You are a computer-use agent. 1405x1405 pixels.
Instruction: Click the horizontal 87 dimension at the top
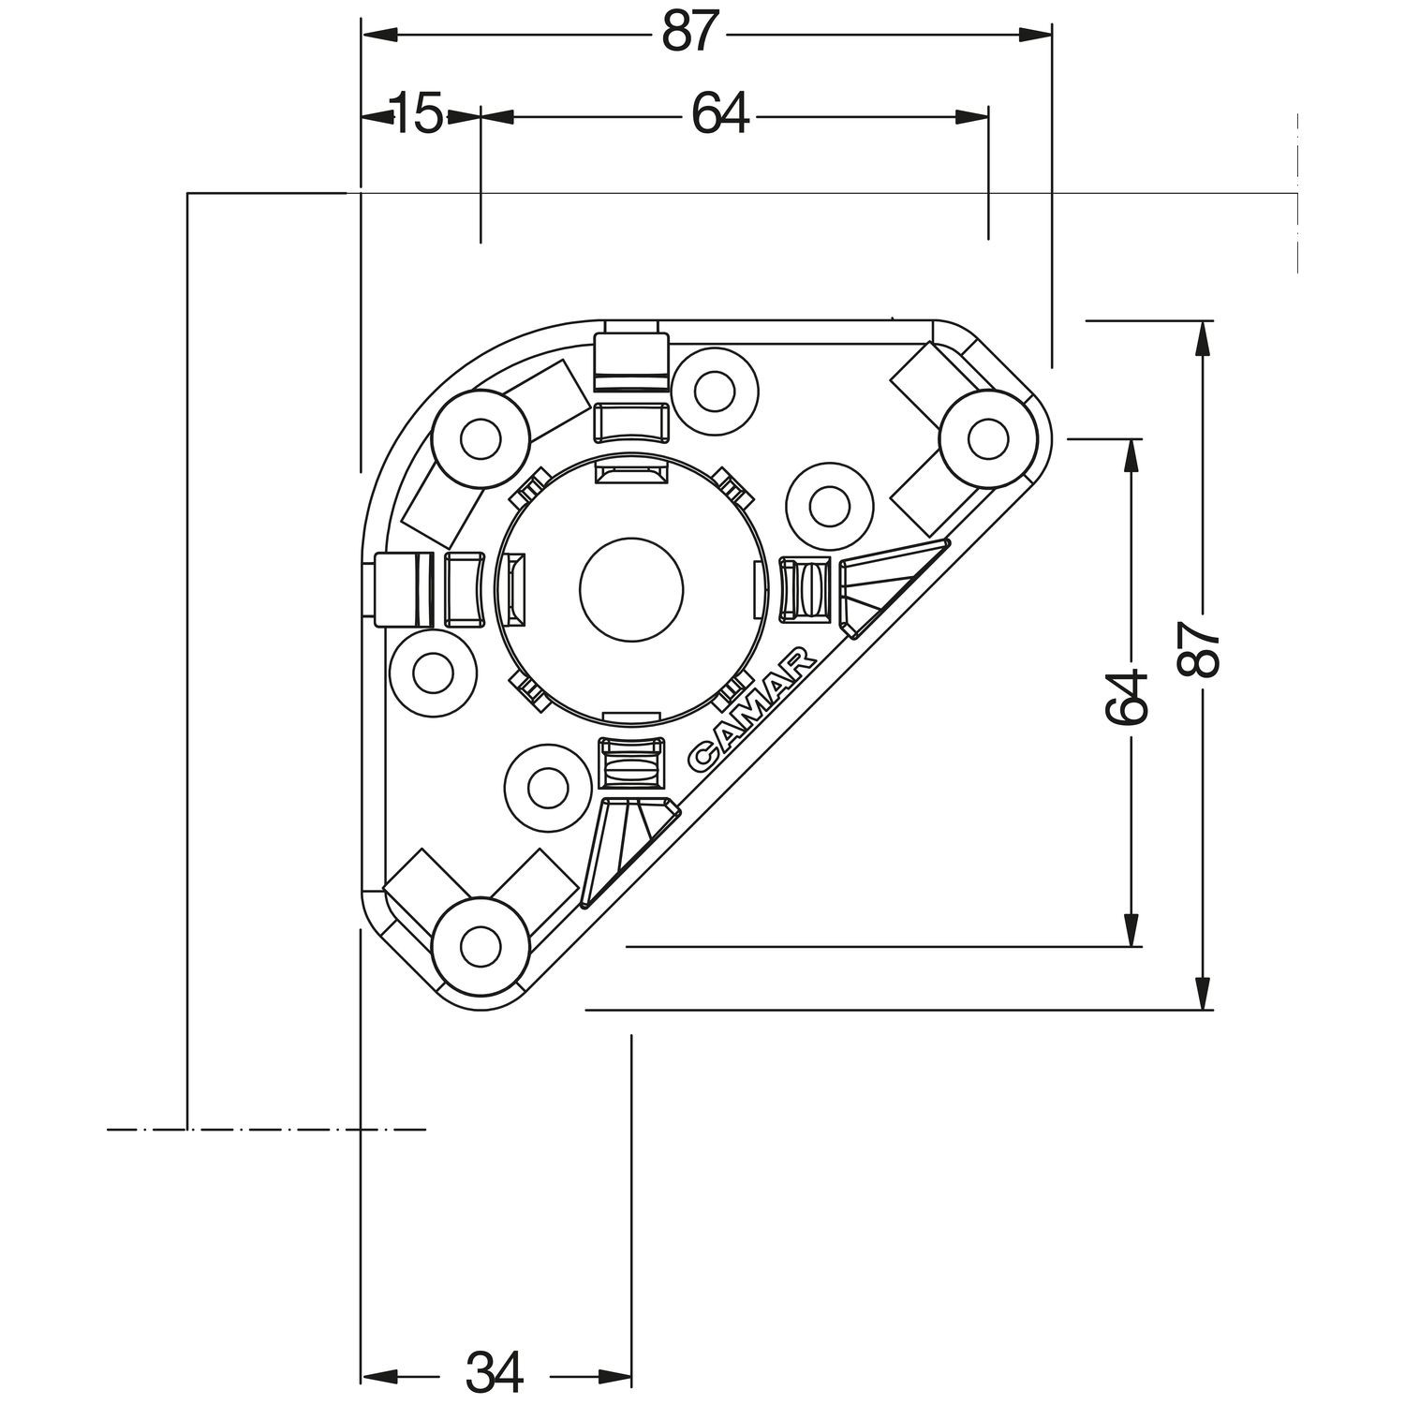[x=694, y=34]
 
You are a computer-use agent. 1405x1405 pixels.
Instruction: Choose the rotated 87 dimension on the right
[x=1203, y=649]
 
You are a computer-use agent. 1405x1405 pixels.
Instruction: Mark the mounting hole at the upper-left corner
[x=480, y=438]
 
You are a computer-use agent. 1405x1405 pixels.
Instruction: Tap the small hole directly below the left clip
[x=432, y=671]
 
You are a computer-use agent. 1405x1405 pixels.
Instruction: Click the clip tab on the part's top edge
[x=632, y=356]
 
